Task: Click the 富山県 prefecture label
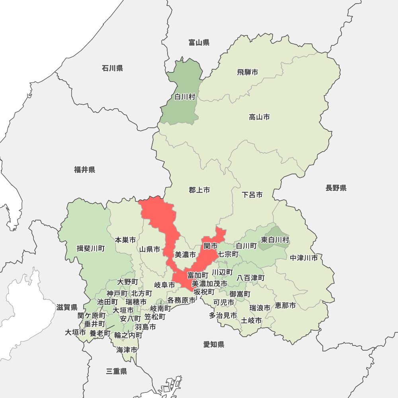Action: [x=199, y=43]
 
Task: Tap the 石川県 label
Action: [x=112, y=68]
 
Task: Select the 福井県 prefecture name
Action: [x=85, y=170]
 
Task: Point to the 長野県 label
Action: [x=336, y=188]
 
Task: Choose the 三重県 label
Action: [x=117, y=371]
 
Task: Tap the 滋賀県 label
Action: [x=67, y=307]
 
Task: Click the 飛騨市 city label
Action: [x=248, y=72]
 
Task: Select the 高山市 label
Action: [x=259, y=117]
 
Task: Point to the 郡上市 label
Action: [x=199, y=190]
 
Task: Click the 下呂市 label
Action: [x=252, y=195]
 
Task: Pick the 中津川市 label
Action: [x=304, y=258]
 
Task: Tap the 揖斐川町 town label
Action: [x=91, y=249]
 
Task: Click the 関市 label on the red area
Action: [x=210, y=246]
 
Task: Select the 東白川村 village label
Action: [x=275, y=240]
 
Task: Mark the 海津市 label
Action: [x=127, y=350]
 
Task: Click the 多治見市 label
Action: [x=223, y=315]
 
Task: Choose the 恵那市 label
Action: [x=285, y=306]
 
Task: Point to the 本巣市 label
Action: [x=125, y=240]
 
